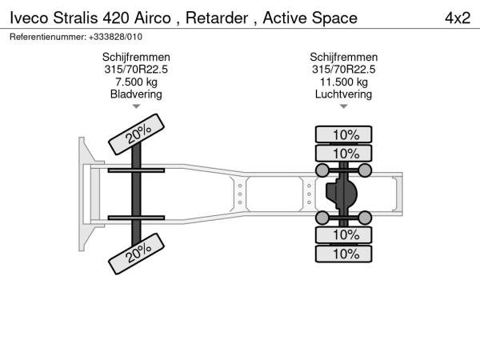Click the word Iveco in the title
tap(29, 18)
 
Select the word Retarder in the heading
tap(217, 18)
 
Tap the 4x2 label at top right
tap(458, 18)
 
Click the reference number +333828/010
tap(115, 37)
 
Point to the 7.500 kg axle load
tap(136, 82)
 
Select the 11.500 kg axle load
tap(344, 82)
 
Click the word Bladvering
tap(136, 94)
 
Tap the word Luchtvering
tap(344, 94)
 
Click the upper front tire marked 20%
tap(137, 134)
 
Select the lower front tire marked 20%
tap(137, 254)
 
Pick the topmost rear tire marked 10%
tap(344, 134)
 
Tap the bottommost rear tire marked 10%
tap(344, 254)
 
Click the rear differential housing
tap(342, 194)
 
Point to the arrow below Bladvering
tap(136, 106)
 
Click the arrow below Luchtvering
tap(344, 106)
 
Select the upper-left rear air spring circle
tap(322, 170)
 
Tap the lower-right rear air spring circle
tap(365, 218)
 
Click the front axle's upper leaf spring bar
tap(136, 170)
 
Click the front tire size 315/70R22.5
tap(136, 70)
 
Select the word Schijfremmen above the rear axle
tap(344, 58)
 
